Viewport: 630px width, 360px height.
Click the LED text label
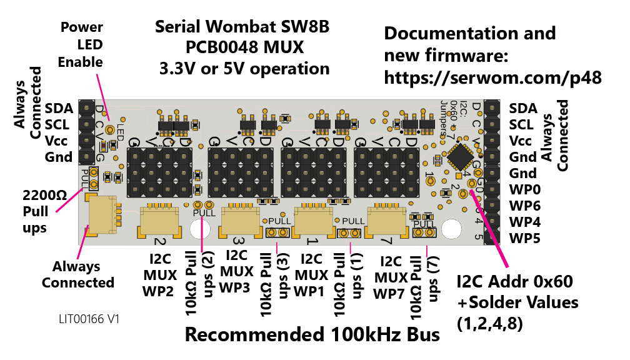[120, 132]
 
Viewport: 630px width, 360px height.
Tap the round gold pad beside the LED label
[110, 130]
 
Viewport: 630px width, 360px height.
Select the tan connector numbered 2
[159, 221]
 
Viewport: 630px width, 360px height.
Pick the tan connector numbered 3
[241, 221]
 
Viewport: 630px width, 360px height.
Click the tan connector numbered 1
[314, 221]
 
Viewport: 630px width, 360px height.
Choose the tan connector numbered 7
[386, 221]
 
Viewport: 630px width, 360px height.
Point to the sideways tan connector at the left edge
[102, 215]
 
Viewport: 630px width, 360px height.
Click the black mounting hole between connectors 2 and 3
[200, 229]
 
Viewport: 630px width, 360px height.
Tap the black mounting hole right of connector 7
[451, 229]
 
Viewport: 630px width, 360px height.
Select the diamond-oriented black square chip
[461, 157]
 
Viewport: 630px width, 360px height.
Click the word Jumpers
[444, 119]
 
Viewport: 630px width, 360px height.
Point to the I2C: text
[463, 109]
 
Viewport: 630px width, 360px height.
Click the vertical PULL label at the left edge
[85, 178]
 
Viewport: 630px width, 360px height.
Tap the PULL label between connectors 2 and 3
[204, 213]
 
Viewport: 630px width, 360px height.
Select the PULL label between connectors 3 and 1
[279, 221]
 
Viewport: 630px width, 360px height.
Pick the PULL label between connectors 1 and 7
[353, 221]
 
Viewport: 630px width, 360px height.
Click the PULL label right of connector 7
[424, 224]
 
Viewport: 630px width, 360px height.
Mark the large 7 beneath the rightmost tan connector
[386, 241]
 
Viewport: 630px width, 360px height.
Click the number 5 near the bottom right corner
[478, 237]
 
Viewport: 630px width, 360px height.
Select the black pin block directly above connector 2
[159, 172]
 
